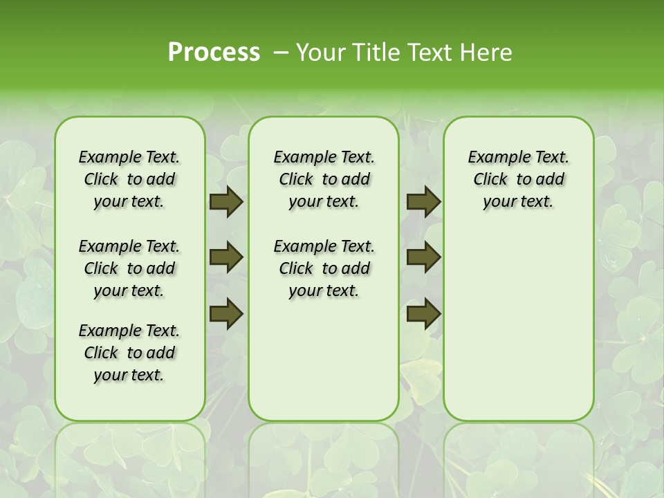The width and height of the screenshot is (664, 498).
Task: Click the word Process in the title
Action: (x=214, y=53)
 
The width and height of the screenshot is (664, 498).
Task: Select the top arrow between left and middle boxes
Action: (x=226, y=202)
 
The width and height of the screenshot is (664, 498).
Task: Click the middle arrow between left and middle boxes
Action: (x=226, y=258)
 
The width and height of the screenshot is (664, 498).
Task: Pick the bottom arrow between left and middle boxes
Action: (x=226, y=314)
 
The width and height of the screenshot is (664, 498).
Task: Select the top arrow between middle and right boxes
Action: (x=423, y=202)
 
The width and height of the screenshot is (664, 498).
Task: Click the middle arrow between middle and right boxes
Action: (x=423, y=258)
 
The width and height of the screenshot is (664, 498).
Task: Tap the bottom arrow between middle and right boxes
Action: (x=423, y=314)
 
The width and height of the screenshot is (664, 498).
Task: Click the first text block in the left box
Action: (x=129, y=180)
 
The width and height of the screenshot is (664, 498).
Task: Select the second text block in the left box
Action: (x=129, y=268)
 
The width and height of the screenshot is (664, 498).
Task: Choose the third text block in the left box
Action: (x=129, y=353)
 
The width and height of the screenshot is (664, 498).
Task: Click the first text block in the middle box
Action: (x=324, y=180)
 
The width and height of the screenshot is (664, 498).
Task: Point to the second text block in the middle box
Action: (x=324, y=268)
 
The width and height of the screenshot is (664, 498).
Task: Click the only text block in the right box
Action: (x=518, y=180)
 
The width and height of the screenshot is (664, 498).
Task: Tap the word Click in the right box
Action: (x=490, y=180)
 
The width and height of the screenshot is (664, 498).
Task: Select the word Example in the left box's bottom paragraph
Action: (x=106, y=331)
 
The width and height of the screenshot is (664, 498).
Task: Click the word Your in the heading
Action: (x=317, y=53)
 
